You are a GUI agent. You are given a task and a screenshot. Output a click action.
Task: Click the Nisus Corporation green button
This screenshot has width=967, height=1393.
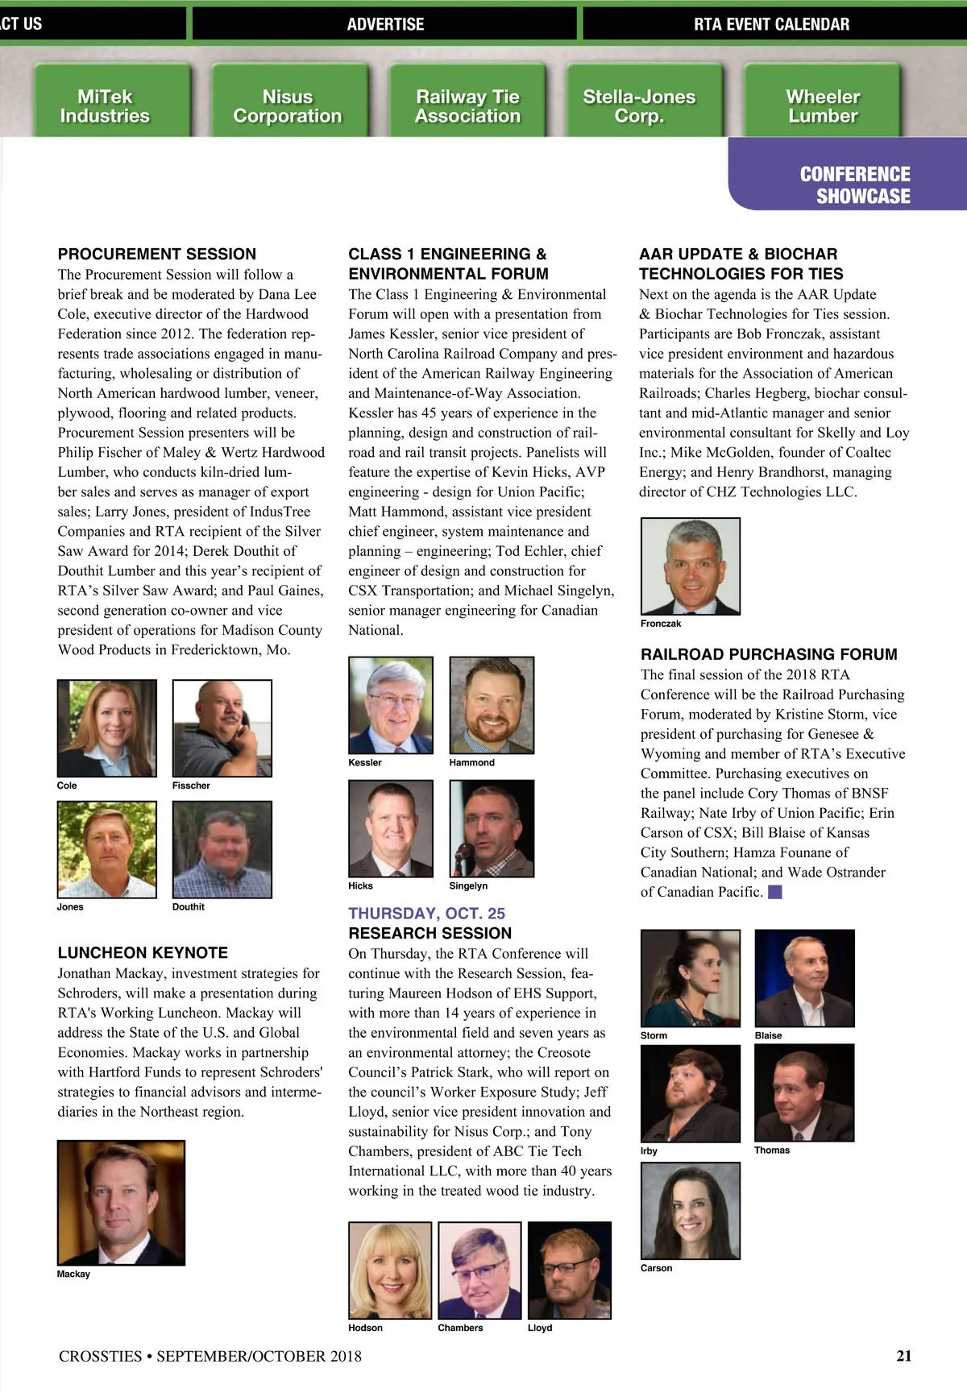click(288, 106)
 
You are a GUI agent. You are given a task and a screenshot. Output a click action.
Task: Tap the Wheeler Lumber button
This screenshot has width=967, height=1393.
click(822, 106)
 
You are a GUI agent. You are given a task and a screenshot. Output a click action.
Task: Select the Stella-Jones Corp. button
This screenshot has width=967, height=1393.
click(639, 106)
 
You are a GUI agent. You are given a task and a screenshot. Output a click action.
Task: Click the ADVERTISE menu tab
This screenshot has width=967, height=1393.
click(385, 24)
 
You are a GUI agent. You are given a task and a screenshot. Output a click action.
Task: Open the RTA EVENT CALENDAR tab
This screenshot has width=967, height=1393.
click(771, 24)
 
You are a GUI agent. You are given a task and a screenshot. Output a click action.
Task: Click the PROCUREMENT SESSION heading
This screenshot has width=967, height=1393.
click(157, 254)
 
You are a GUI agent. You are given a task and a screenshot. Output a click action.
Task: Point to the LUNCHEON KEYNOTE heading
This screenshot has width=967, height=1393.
click(143, 952)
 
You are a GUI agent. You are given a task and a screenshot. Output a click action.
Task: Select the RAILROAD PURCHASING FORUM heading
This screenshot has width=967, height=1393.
click(769, 654)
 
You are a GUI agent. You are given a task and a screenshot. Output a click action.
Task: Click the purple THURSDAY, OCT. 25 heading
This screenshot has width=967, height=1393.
click(426, 913)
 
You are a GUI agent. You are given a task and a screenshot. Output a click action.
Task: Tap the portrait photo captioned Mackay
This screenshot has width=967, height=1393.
click(121, 1202)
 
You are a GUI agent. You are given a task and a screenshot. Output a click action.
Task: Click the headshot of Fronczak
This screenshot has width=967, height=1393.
click(690, 566)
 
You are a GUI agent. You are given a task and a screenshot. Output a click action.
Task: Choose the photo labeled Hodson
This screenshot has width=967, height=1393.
click(390, 1271)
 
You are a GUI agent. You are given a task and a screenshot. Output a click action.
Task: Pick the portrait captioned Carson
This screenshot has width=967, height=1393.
click(690, 1210)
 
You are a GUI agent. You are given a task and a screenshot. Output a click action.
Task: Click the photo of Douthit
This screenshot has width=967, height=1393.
click(222, 849)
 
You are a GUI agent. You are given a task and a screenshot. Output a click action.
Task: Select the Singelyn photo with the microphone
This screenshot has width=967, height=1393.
click(492, 828)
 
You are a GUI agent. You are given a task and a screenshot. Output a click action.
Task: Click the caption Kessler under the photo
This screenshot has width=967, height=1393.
click(365, 762)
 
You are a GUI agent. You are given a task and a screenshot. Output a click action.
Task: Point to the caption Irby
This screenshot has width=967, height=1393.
click(649, 1151)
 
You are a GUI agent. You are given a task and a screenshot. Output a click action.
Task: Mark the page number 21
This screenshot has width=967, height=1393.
click(903, 1356)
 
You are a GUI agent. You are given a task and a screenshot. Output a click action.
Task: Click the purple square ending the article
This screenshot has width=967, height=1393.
click(775, 892)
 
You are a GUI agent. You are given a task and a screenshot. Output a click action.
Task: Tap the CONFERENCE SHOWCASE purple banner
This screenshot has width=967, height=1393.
click(854, 185)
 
